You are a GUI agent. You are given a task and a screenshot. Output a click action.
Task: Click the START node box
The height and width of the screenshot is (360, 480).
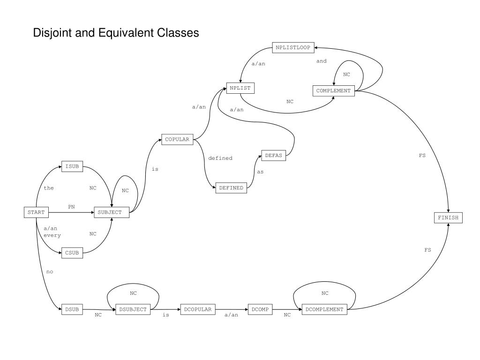click(x=36, y=212)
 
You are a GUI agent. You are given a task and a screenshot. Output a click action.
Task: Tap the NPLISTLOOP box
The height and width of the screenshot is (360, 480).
click(x=293, y=48)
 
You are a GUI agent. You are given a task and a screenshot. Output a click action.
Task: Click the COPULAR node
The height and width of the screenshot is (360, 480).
click(x=177, y=139)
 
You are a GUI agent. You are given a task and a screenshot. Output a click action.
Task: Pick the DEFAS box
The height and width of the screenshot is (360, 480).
click(x=273, y=156)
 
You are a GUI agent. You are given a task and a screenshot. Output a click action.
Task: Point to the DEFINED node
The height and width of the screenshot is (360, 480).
click(x=231, y=188)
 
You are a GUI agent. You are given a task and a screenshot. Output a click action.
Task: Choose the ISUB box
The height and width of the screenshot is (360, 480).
click(x=72, y=166)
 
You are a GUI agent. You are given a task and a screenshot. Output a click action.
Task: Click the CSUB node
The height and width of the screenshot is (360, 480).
click(x=72, y=253)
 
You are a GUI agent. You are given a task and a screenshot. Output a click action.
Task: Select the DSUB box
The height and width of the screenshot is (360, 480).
click(x=72, y=309)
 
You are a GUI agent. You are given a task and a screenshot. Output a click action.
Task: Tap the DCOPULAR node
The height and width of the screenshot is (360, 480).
click(x=198, y=309)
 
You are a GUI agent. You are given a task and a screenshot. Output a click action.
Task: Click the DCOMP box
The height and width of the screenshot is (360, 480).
click(x=260, y=309)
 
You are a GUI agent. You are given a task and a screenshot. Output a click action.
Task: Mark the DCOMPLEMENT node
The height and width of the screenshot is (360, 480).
click(x=324, y=309)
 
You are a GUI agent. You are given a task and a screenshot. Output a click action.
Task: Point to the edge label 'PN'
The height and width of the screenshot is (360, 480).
click(x=71, y=206)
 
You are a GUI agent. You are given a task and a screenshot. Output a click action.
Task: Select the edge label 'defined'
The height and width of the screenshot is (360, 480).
click(x=220, y=158)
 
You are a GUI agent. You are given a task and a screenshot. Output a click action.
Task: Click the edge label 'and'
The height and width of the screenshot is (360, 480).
click(x=321, y=61)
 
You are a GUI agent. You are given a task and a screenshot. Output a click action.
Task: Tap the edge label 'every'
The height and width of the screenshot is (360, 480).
click(x=52, y=235)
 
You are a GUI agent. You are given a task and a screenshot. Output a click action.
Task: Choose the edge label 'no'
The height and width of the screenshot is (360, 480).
click(x=50, y=272)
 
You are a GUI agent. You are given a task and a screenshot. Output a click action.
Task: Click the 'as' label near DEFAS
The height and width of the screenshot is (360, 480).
click(x=260, y=172)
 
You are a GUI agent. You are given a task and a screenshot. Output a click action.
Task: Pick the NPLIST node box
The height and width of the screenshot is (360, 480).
click(x=240, y=88)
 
